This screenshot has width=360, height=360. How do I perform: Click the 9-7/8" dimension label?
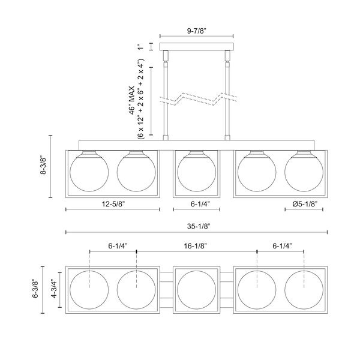pos(197,31)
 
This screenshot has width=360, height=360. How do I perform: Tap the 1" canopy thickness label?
pos(140,47)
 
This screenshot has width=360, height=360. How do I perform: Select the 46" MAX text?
pos(131,100)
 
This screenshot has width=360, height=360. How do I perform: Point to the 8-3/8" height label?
pos(43,166)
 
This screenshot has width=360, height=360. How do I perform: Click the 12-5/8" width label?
pos(113,204)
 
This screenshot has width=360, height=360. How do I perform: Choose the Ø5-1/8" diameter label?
pos(305,204)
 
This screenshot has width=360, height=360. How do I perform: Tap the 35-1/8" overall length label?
pos(199,227)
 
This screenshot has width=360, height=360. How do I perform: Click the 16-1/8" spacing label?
pos(196,246)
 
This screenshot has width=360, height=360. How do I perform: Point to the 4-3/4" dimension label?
pos(54,289)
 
